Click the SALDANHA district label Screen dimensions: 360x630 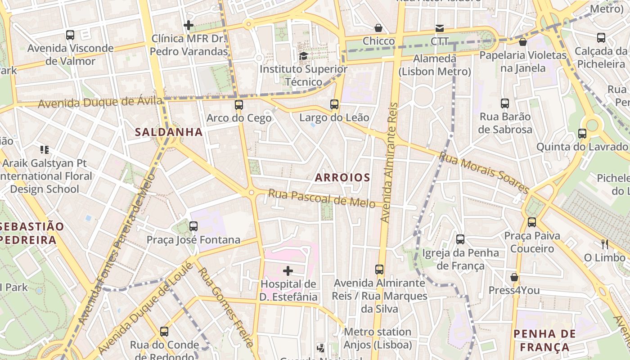[169, 132]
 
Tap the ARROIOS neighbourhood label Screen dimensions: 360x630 [342, 177]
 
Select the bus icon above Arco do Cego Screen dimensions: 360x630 [239, 105]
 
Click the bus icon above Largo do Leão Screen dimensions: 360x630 [334, 104]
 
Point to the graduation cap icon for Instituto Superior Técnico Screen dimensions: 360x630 [304, 56]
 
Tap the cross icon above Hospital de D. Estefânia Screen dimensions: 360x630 [288, 271]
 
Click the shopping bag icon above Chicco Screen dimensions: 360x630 [378, 28]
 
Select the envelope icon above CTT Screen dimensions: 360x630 [440, 28]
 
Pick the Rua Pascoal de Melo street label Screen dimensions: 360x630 [322, 198]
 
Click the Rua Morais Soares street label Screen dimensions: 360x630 [484, 173]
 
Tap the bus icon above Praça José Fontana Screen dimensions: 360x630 [193, 226]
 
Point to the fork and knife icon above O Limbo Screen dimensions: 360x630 [605, 244]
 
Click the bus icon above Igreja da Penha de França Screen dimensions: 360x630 [460, 239]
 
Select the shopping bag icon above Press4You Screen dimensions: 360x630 [514, 277]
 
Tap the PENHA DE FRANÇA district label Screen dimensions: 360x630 [544, 340]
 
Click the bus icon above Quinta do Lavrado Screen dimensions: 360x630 [582, 134]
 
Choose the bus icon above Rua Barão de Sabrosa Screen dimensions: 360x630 [505, 103]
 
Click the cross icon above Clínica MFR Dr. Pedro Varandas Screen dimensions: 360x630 [189, 25]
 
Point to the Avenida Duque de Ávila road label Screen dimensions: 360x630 [100, 103]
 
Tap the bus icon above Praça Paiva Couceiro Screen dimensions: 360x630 [532, 222]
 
